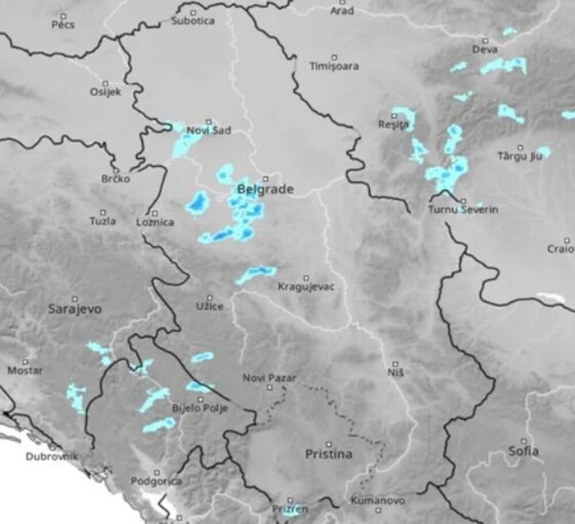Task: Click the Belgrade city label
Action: pos(265,189)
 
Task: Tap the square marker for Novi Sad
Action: pos(209,121)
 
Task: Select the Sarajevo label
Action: pos(75,309)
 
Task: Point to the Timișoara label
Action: pos(334,66)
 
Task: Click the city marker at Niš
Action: pos(396,364)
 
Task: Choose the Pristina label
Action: pos(328,454)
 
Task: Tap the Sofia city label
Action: pos(523,451)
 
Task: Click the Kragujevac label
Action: pos(305,286)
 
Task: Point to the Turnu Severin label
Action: pos(463,210)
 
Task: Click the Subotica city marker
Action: pos(193,12)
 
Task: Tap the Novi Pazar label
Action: pos(270,378)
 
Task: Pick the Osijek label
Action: pos(106,92)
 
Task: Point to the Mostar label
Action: pos(25,370)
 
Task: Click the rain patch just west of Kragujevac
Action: pos(256,274)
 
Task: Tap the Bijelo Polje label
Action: pos(200,408)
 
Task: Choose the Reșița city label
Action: pos(393,125)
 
